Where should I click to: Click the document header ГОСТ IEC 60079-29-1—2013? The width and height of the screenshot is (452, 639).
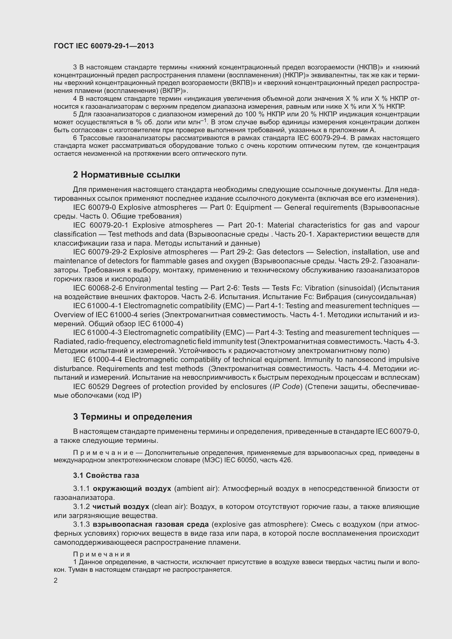(x=104, y=46)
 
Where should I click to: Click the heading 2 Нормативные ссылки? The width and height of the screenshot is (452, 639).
(x=126, y=175)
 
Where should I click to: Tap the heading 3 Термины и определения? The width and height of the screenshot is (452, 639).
(x=133, y=417)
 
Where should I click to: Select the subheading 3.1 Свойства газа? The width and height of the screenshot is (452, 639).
(x=106, y=475)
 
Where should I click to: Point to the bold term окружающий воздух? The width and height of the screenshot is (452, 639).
(x=132, y=489)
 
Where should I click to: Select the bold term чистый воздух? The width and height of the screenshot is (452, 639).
(x=121, y=507)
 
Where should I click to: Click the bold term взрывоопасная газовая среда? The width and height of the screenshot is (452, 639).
(x=151, y=524)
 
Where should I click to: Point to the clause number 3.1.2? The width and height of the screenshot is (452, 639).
(x=81, y=507)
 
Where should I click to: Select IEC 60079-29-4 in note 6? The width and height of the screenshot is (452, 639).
(x=322, y=138)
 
